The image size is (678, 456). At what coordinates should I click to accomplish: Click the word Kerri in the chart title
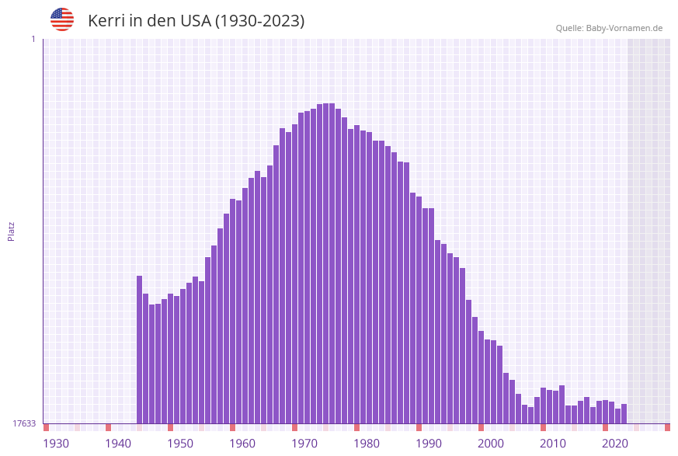point(104,21)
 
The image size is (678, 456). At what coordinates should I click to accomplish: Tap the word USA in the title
point(191,21)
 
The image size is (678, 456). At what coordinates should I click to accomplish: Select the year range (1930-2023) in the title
point(259,21)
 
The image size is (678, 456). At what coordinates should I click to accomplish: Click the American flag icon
point(62,19)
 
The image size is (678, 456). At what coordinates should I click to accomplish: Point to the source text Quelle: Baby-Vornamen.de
point(609,28)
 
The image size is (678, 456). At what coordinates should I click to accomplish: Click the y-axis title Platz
point(11,231)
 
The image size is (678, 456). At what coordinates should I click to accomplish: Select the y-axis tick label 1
point(33,39)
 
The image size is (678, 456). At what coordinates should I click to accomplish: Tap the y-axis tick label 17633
point(24,423)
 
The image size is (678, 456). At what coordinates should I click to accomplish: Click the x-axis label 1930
point(56,444)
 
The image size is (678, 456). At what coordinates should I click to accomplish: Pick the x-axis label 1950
point(180,444)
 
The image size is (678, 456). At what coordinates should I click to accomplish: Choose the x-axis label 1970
point(304,444)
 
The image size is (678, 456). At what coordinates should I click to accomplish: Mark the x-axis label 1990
point(429,444)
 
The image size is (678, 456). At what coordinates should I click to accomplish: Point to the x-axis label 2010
point(553,444)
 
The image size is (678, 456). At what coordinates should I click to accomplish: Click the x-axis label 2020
point(615,444)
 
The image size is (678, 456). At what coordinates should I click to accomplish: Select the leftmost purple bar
point(140,350)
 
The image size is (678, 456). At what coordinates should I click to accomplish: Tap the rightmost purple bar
point(624,413)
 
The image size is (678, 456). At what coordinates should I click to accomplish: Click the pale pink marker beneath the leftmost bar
point(140,427)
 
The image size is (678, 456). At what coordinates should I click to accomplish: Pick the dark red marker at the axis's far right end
point(667,427)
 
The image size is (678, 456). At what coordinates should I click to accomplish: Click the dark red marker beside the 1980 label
point(356,427)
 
